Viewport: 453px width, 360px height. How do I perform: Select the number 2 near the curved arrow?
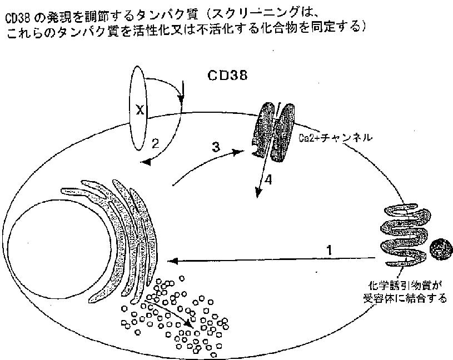[x=156, y=143]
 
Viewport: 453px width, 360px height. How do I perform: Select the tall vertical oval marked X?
[x=138, y=108]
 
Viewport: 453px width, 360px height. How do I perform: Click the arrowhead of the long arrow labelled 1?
[x=172, y=259]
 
